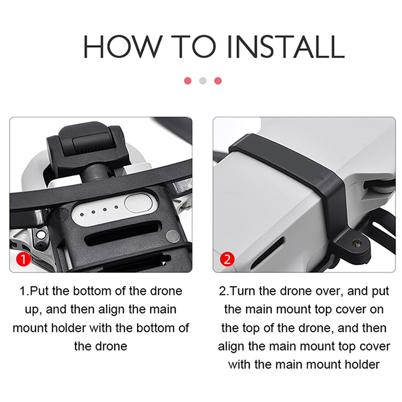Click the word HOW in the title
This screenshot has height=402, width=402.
coord(123,47)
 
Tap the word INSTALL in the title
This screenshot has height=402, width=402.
coord(286,47)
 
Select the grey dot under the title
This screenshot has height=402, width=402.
coord(203,81)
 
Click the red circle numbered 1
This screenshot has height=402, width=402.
coord(23,259)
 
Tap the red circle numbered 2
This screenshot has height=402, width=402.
coord(227,259)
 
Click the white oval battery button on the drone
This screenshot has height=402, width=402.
coord(138,203)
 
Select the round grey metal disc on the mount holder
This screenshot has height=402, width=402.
coord(173,236)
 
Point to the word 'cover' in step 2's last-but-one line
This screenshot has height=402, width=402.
coord(375,347)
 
